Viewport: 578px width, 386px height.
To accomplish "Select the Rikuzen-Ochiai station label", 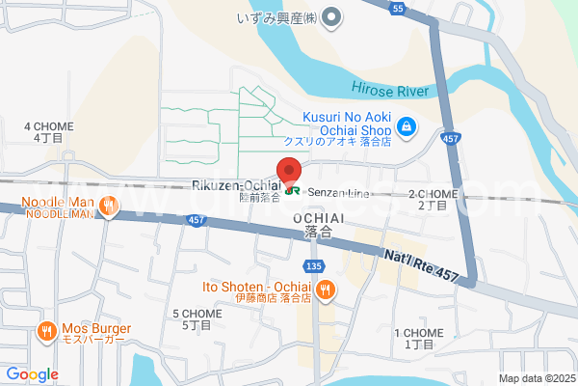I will pyautogui.click(x=236, y=185).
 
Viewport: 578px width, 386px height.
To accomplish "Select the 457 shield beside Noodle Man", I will pyautogui.click(x=197, y=221).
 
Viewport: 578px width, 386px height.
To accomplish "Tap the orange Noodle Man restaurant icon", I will pyautogui.click(x=109, y=205).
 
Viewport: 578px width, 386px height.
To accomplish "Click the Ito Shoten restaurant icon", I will pyautogui.click(x=327, y=287).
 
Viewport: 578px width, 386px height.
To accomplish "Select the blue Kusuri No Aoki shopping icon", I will pyautogui.click(x=407, y=125).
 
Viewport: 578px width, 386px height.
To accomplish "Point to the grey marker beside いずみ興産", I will pyautogui.click(x=330, y=15).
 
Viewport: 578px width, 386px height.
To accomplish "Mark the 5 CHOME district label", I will pyautogui.click(x=196, y=319).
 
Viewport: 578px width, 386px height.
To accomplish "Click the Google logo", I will pyautogui.click(x=32, y=373).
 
